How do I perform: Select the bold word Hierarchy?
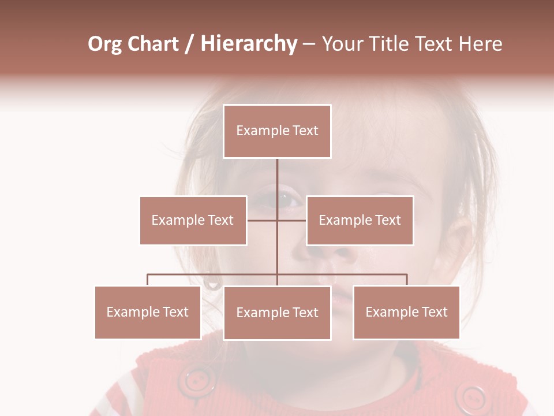[x=249, y=44]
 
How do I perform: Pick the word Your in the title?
[x=342, y=44]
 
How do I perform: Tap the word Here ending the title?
[x=480, y=44]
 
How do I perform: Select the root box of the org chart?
[x=277, y=131]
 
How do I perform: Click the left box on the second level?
[x=193, y=220]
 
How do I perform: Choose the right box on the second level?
[x=360, y=220]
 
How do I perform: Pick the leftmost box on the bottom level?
[x=148, y=312]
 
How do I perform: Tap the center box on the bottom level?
[x=277, y=313]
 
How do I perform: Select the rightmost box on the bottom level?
[x=406, y=312]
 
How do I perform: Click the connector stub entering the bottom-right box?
[x=407, y=280]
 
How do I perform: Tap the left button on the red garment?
[x=197, y=381]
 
